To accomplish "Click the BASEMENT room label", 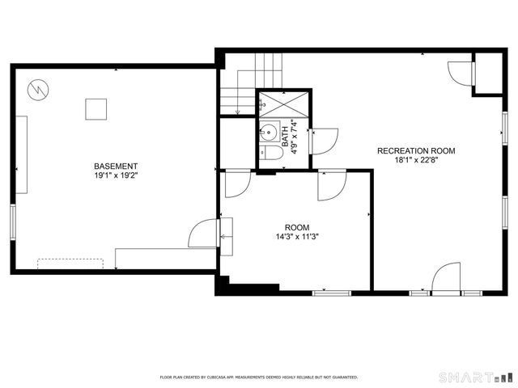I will pos(110,167).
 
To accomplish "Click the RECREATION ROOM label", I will pos(416,151).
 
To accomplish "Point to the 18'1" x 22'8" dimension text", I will pos(416,160).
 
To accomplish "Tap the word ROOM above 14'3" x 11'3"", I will pos(297,228).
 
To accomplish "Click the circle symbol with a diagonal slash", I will pos(37,89).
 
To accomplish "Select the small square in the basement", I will pos(97,109).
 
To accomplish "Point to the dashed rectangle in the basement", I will pos(70,264).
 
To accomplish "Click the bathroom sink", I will pos(270,133).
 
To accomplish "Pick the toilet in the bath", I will pos(272,151).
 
